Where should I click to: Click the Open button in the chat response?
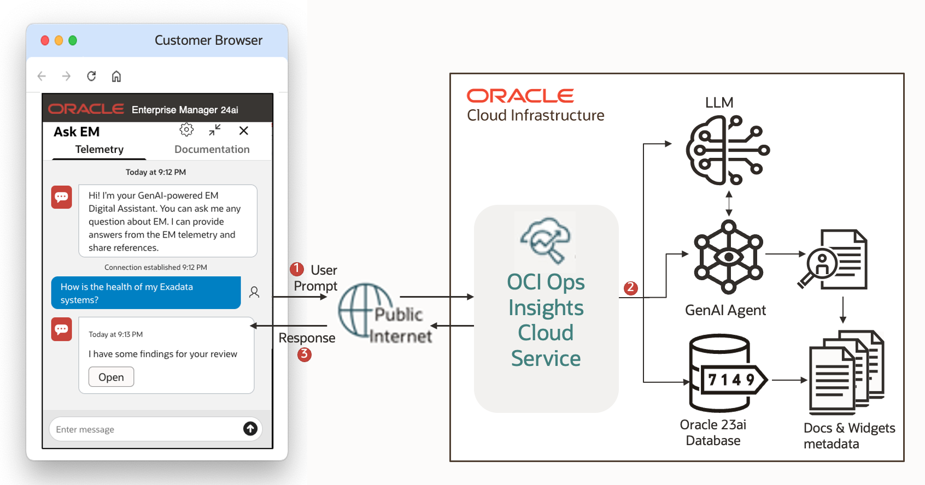pos(111,377)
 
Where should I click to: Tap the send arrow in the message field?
pos(250,429)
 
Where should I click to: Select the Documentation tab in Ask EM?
pos(212,149)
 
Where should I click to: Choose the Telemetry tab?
pos(99,149)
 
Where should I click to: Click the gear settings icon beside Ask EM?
pos(186,130)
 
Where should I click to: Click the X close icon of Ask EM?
pos(244,131)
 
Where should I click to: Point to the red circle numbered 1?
pos(297,269)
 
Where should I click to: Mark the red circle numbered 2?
pos(631,288)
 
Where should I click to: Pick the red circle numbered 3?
pos(305,354)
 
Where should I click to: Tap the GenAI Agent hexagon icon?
pos(728,257)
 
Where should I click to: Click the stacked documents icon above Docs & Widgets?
pos(846,372)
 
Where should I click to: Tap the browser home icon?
pos(116,76)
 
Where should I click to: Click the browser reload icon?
pos(91,76)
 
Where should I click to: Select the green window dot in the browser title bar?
pos(73,40)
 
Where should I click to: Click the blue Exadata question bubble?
pos(145,293)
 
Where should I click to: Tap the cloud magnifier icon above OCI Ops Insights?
pos(545,240)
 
